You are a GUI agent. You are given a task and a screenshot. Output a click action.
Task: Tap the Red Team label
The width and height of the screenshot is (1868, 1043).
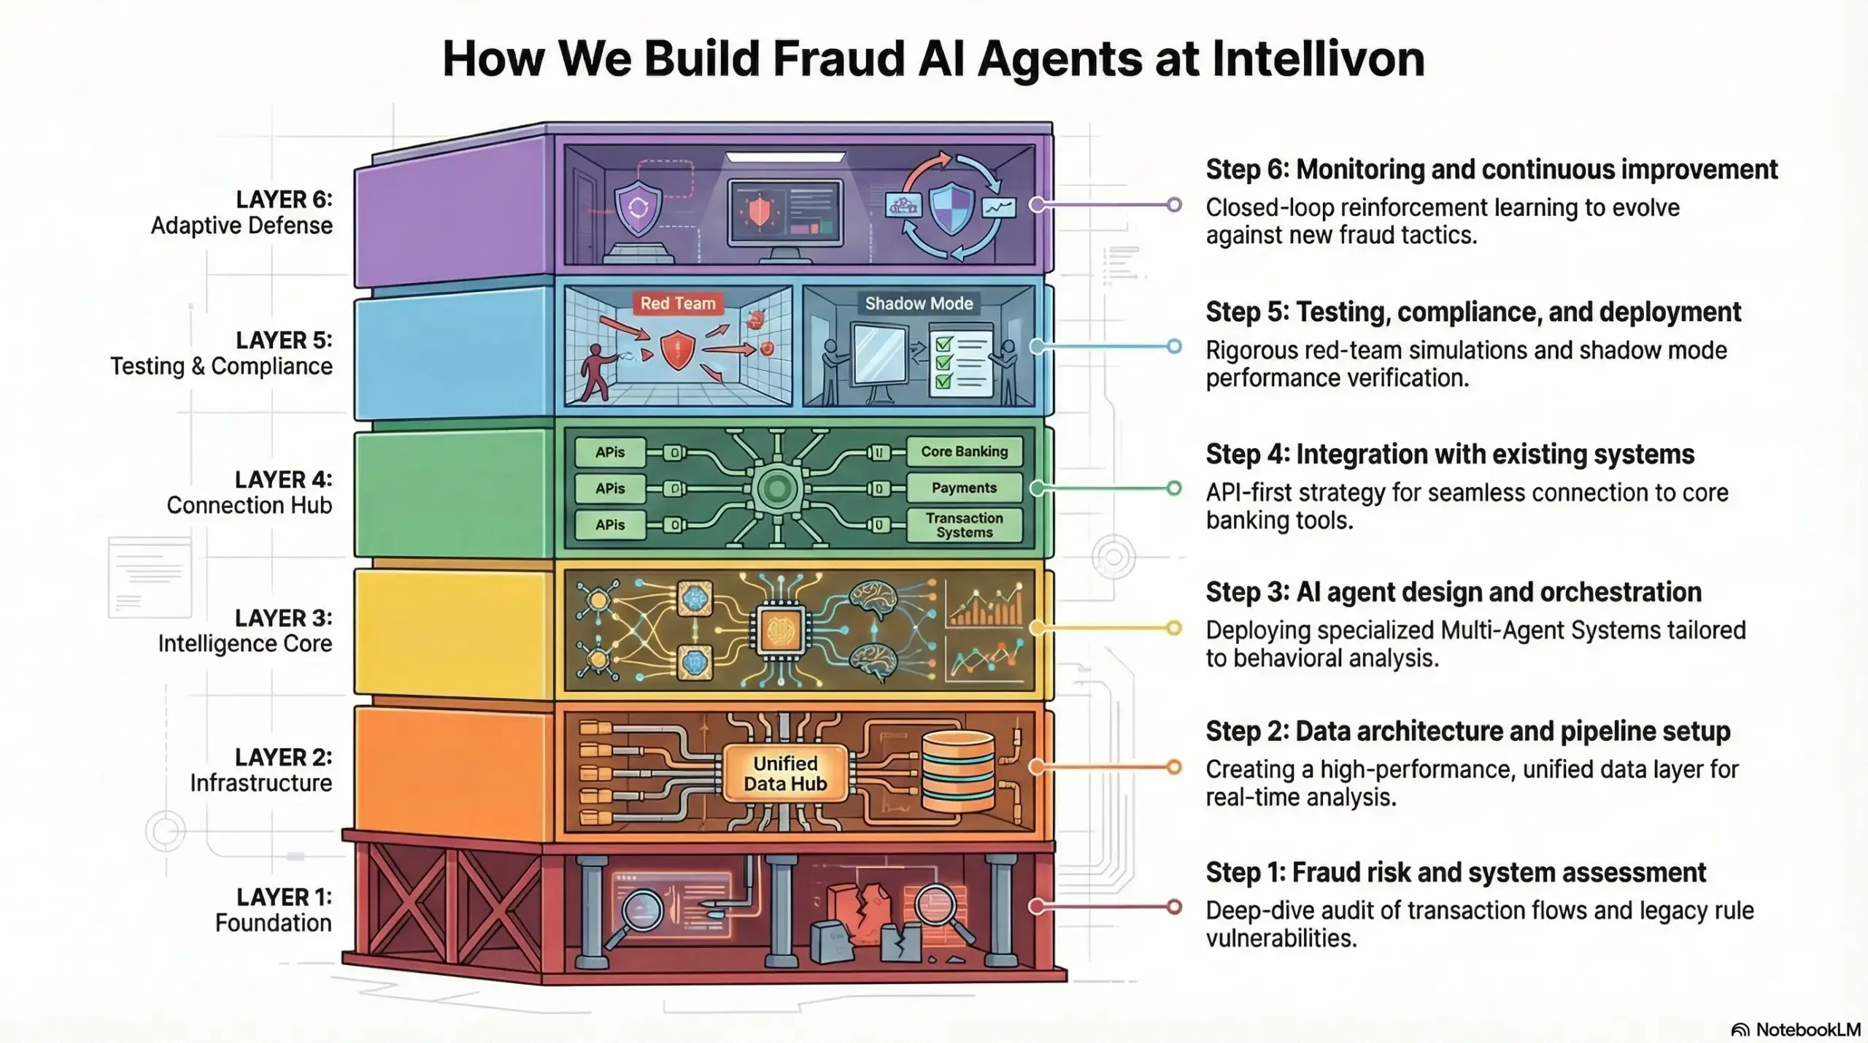point(678,304)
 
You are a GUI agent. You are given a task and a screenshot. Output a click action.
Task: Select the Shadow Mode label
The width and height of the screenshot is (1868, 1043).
point(919,304)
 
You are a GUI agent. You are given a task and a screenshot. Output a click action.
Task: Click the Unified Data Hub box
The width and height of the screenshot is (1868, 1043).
point(785,774)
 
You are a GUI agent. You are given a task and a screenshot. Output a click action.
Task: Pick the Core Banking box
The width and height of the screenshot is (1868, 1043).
point(964,452)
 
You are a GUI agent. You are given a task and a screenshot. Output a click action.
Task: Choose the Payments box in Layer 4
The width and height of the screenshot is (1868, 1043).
point(964,488)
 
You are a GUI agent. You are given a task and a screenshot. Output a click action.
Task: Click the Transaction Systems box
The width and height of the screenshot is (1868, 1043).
point(964,525)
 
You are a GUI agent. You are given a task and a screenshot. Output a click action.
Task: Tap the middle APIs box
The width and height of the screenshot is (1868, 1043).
point(610,488)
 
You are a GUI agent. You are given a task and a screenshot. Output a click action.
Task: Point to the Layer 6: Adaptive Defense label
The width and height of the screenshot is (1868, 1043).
point(242,212)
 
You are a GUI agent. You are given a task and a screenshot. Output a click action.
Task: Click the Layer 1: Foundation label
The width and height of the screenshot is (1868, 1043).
point(274,909)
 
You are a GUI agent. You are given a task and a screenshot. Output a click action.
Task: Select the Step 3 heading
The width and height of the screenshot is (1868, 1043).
point(1453,592)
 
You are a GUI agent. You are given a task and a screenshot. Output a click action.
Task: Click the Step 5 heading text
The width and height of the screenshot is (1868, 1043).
point(1473,312)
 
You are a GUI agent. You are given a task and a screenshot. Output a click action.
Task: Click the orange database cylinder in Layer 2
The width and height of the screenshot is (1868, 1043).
point(957,772)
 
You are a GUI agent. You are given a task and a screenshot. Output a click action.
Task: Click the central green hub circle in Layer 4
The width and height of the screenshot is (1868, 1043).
point(776,488)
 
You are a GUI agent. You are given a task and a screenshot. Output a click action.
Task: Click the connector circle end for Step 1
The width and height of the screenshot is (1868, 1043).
point(1174,907)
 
